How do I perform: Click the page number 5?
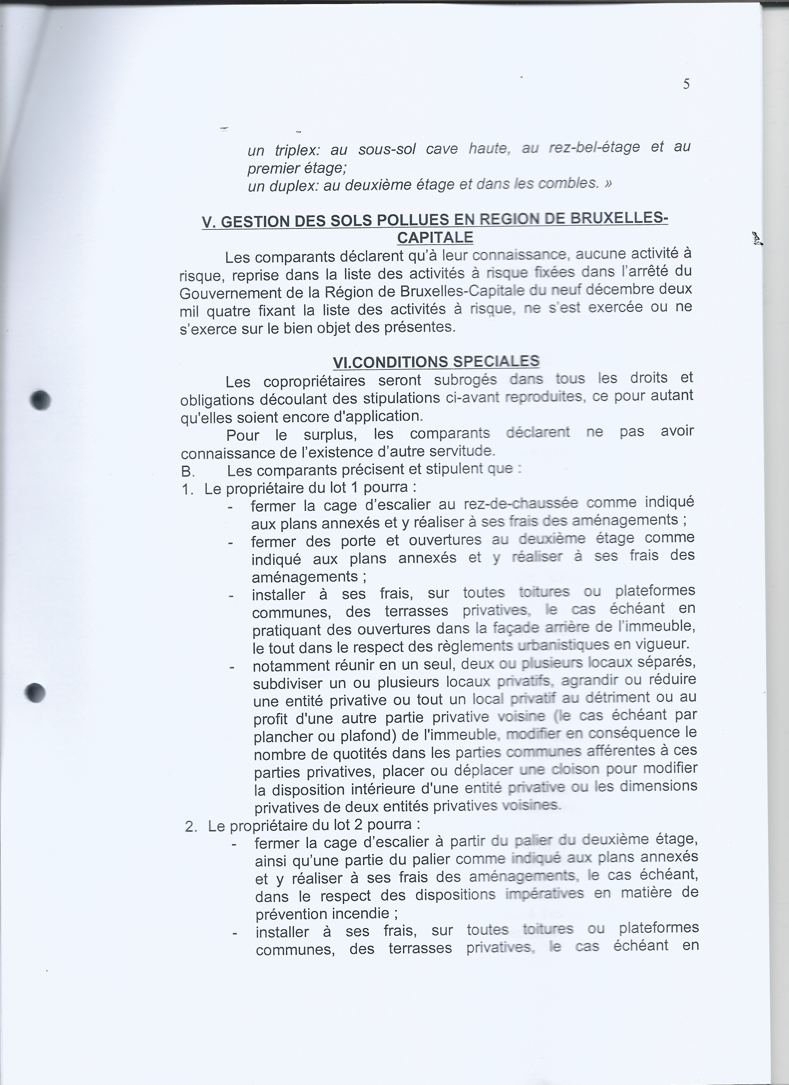(686, 84)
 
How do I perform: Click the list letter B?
(187, 472)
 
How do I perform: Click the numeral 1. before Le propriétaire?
(187, 490)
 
